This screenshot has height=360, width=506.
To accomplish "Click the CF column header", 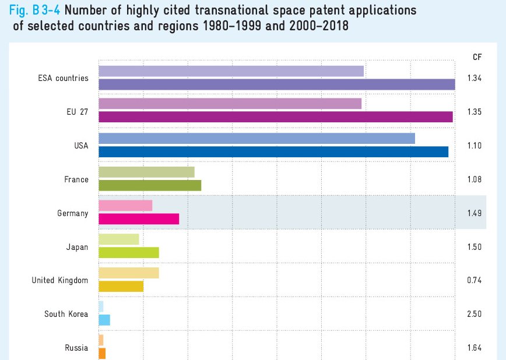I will coord(477,57).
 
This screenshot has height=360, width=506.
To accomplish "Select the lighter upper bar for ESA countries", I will coord(231,71).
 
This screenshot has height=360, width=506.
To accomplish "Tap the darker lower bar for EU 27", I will coord(276,117).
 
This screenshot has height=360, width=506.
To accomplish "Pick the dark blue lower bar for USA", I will coord(273,151).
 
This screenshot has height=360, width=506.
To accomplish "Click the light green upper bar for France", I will coord(146,172).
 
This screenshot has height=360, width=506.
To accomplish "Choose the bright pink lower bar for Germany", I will coord(139,219).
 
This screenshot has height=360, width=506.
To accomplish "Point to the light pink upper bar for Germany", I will coord(125,206).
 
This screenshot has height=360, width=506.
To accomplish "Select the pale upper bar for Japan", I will coord(119,239).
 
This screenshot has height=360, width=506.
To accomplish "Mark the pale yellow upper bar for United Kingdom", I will coord(129,273).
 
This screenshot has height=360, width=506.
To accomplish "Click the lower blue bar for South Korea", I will coord(104,320).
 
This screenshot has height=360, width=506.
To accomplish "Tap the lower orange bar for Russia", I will coord(102,353).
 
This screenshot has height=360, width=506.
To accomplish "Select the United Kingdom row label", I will coord(59,281).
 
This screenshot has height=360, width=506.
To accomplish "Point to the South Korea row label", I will coord(66,315).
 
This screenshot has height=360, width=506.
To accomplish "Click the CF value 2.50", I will coord(474,315).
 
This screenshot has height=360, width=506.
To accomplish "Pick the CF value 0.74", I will coord(474,281).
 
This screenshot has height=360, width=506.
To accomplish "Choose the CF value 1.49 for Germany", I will coord(474,213).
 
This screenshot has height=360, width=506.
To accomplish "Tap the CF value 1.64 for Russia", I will coord(474,348).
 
